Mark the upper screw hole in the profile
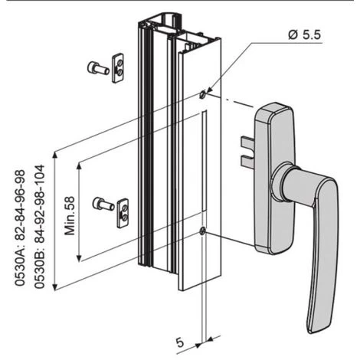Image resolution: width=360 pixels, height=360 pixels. (201, 95)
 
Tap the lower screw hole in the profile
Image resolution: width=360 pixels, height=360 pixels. (201, 231)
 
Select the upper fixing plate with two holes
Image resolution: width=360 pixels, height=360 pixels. (118, 67)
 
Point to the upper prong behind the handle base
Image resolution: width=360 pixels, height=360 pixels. (247, 140)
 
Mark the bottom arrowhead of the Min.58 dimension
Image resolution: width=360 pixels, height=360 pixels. (80, 258)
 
